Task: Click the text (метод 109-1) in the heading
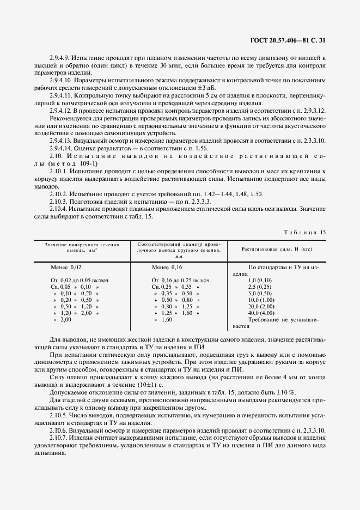(74, 164)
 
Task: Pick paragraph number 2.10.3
(59, 202)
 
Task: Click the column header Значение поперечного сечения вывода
(82, 248)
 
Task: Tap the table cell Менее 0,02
(67, 268)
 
